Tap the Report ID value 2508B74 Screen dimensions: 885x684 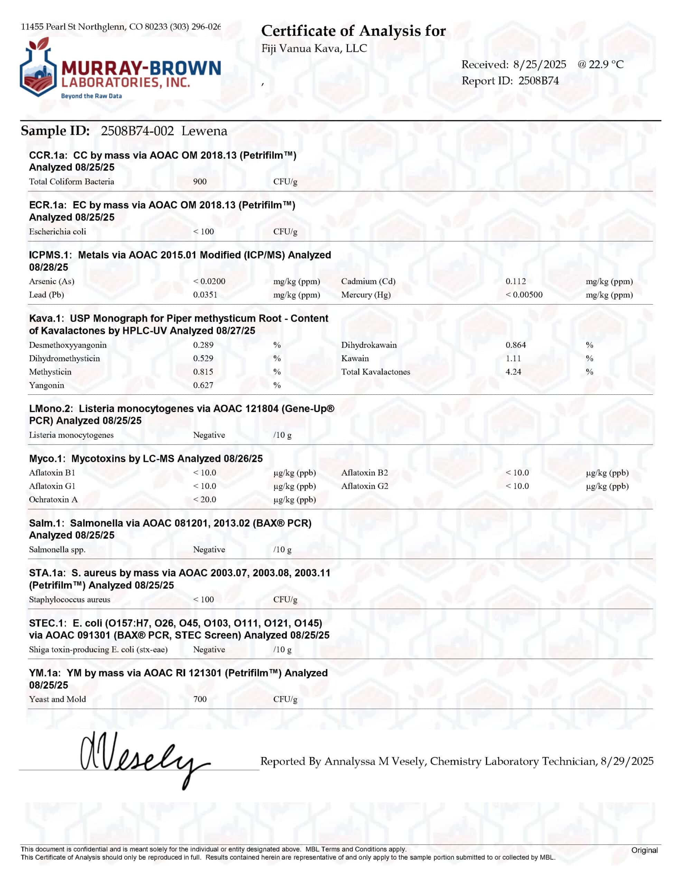coord(538,81)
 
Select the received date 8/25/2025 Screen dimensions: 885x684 coord(539,64)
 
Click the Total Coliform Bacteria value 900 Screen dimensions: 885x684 coord(200,181)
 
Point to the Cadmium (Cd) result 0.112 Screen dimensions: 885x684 coord(515,281)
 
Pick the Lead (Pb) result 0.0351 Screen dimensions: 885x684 coord(205,295)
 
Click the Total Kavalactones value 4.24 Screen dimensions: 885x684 coord(513,372)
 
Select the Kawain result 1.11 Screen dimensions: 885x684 coord(513,358)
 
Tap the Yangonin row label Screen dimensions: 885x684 coord(47,385)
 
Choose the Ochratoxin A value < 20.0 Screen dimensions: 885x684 coord(205,499)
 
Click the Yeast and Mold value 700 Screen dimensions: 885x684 coord(200,699)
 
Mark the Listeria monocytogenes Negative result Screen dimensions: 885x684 coord(209,435)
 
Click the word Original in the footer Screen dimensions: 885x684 coord(644,850)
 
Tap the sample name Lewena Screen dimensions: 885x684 coord(204,131)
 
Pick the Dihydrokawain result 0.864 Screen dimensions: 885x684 coord(515,345)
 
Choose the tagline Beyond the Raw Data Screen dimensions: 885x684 coord(91,96)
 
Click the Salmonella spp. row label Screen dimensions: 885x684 coord(57,549)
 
